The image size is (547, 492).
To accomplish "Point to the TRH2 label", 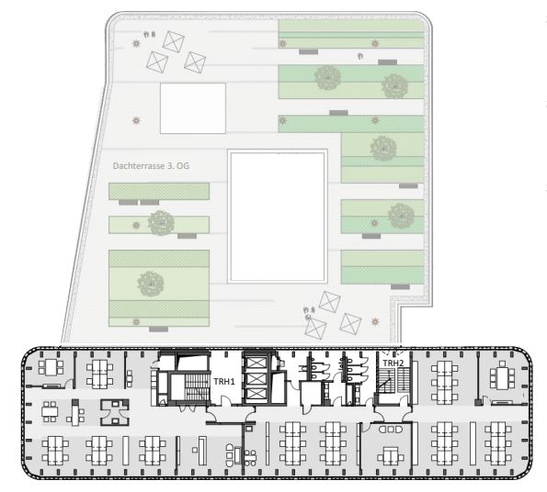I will [393, 363].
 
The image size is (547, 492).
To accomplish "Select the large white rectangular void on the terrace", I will [279, 217].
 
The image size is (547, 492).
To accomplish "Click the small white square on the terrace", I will [193, 107].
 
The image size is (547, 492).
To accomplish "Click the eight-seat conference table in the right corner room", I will [501, 376].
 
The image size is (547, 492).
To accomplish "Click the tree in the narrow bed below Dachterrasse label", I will [162, 221].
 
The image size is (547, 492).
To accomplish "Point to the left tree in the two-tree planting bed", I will [327, 79].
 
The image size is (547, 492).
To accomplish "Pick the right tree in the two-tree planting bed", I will [393, 85].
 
